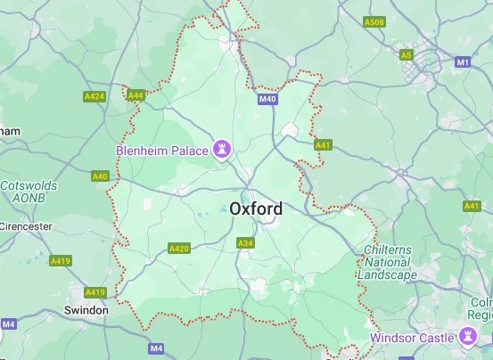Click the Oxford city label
coord(256,209)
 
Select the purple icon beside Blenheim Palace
coord(221,149)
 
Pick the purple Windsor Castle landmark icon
coord(465,336)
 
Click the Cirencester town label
coord(25,226)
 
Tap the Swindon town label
coord(86,310)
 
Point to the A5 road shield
coord(407,54)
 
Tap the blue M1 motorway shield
coord(463,62)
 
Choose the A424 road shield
coord(94,95)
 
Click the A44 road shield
coord(136,94)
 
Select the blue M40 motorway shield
coord(267,99)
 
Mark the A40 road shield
coord(101,176)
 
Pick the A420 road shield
coord(178,248)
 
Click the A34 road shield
coord(245,242)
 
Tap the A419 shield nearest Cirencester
coord(61,261)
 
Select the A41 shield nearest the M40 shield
coord(323,144)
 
